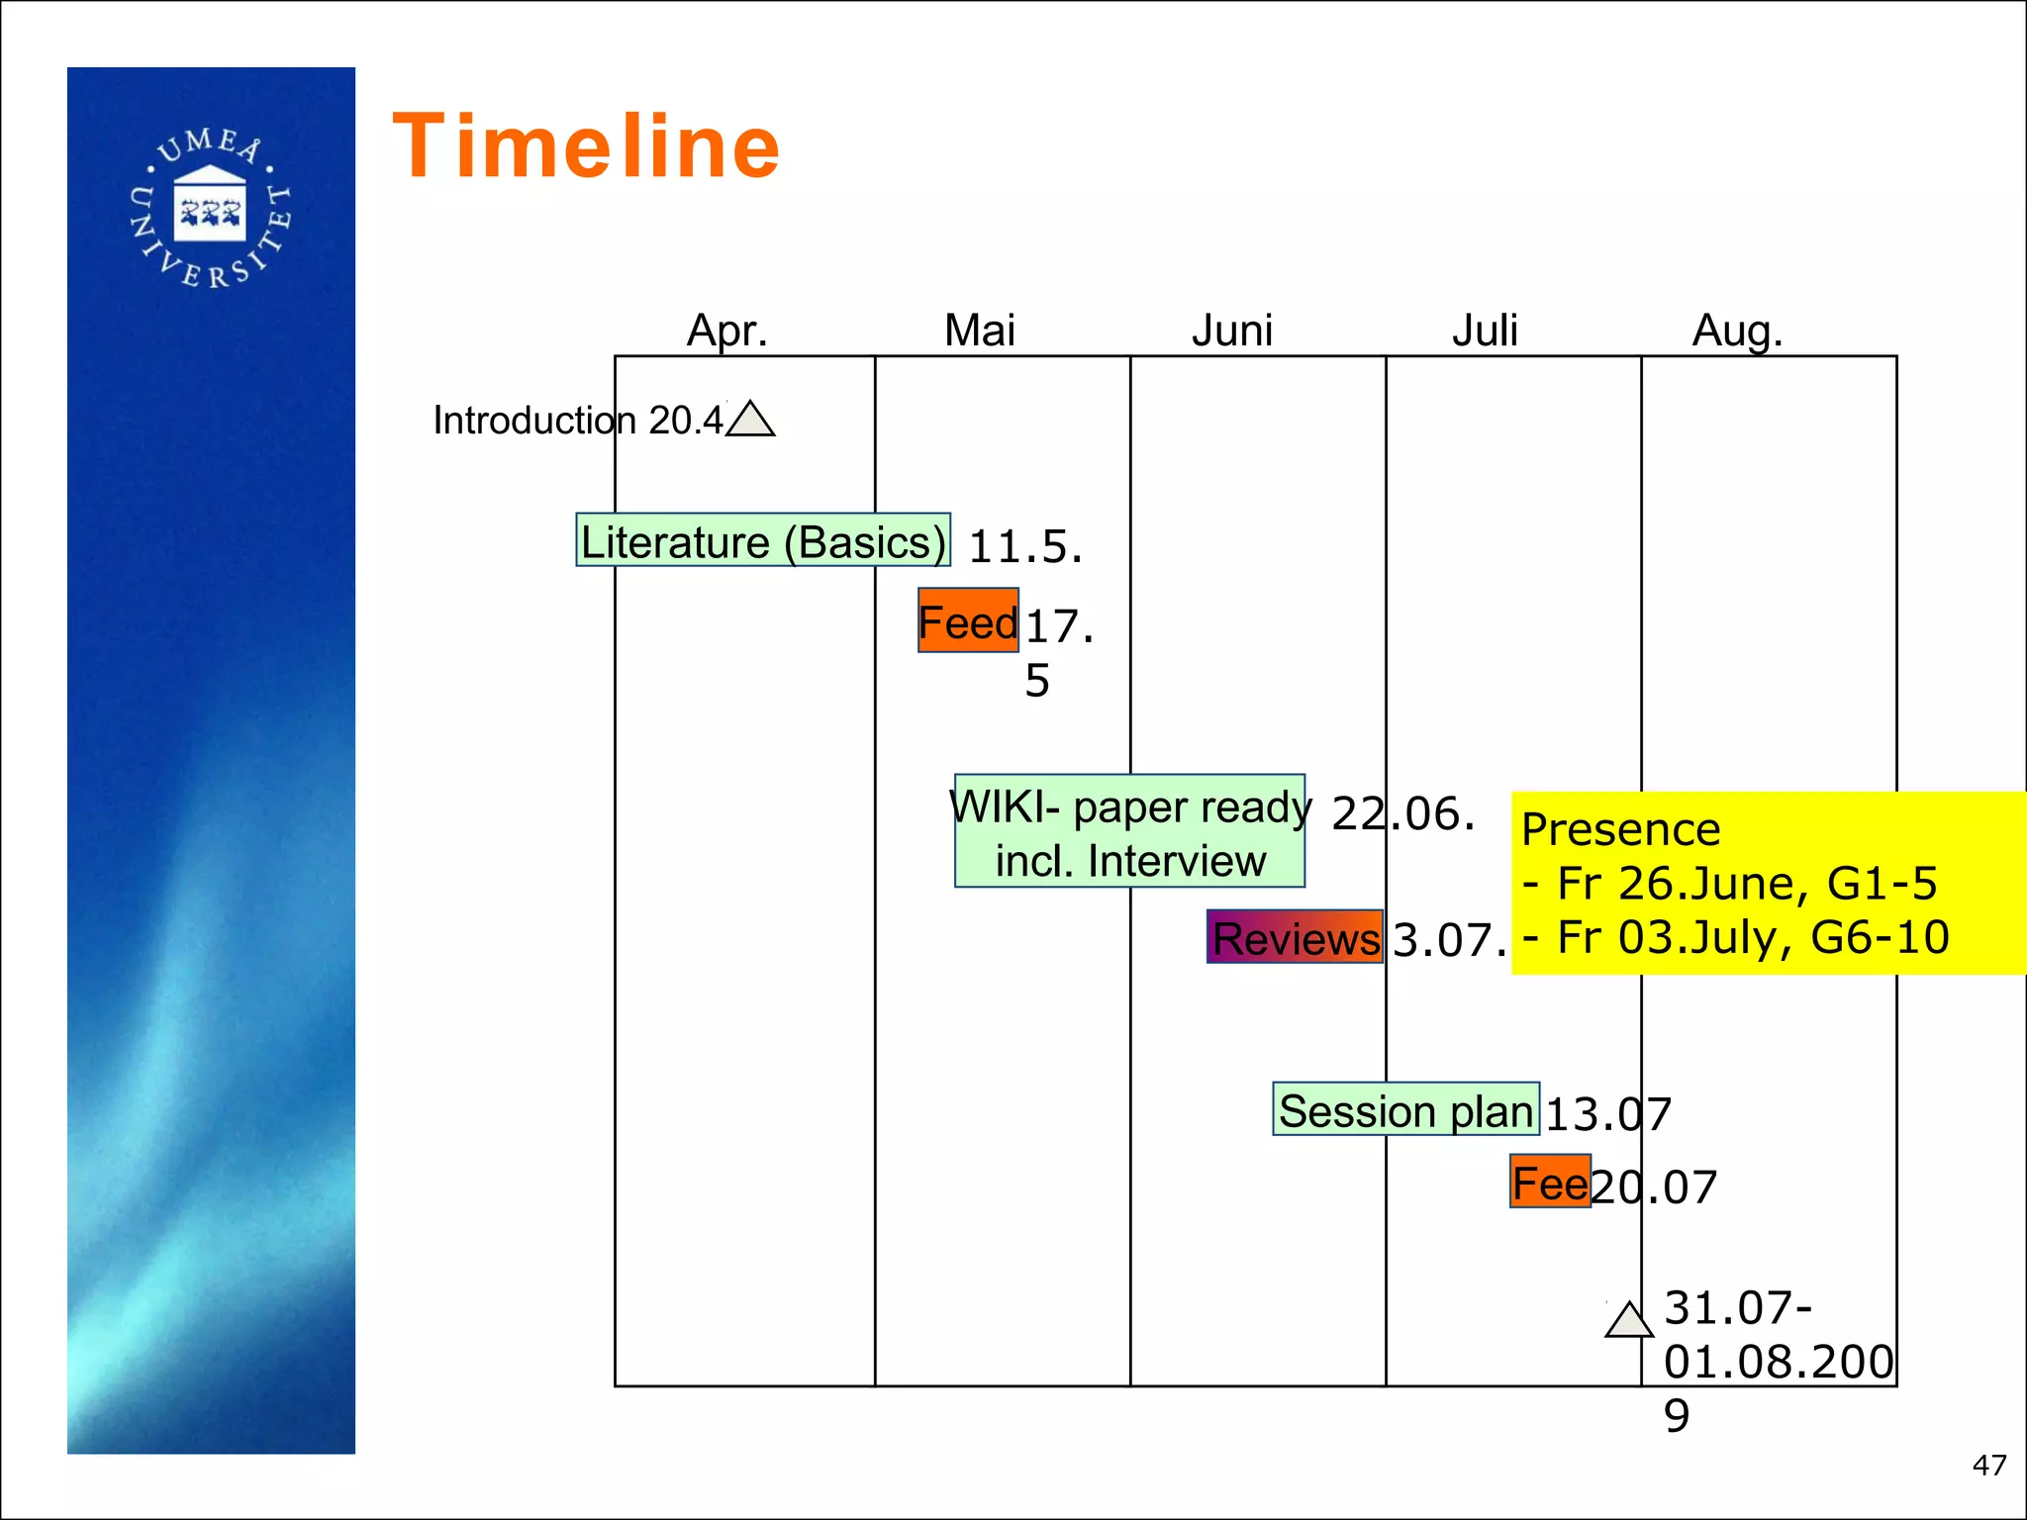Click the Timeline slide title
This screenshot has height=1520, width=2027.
pyautogui.click(x=586, y=146)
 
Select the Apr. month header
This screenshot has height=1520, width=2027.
pyautogui.click(x=727, y=330)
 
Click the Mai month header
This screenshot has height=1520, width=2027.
pyautogui.click(x=979, y=330)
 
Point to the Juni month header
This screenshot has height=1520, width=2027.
pyautogui.click(x=1231, y=330)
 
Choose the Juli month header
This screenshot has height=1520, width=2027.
pyautogui.click(x=1484, y=330)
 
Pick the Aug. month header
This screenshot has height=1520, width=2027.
pyautogui.click(x=1737, y=331)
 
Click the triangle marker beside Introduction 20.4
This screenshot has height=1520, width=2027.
pyautogui.click(x=750, y=421)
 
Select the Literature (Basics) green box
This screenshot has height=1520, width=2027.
pyautogui.click(x=763, y=540)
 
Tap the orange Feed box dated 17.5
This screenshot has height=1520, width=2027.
pyautogui.click(x=968, y=620)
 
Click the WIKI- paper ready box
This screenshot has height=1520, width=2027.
pyautogui.click(x=1129, y=831)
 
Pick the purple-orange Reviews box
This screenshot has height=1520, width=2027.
pyautogui.click(x=1295, y=937)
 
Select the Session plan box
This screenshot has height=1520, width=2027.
pyautogui.click(x=1405, y=1109)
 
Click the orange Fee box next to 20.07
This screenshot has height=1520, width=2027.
pyautogui.click(x=1550, y=1182)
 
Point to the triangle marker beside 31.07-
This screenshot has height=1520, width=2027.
pyautogui.click(x=1629, y=1321)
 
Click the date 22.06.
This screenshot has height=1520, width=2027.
pyautogui.click(x=1403, y=813)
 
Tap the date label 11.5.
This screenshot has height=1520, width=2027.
pyautogui.click(x=1025, y=546)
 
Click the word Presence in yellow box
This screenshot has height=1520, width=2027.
pyautogui.click(x=1620, y=829)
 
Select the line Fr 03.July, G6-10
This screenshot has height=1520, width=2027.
pyautogui.click(x=1737, y=937)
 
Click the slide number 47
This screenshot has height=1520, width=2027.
pyautogui.click(x=1988, y=1466)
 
